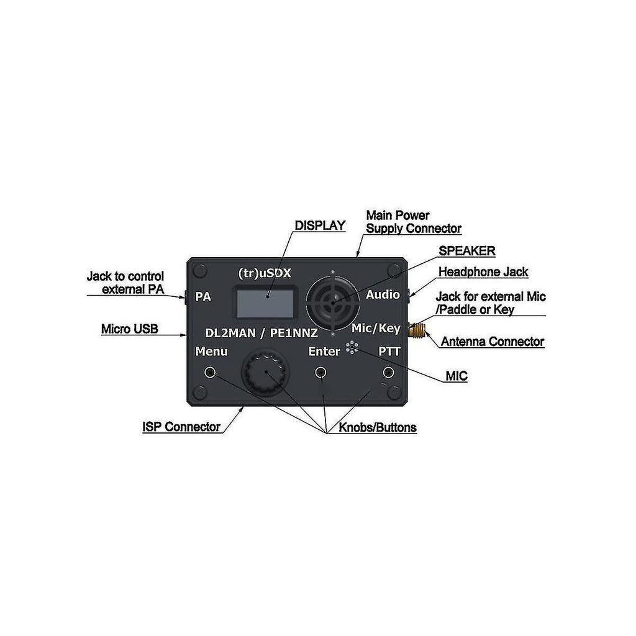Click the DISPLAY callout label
pos(320,225)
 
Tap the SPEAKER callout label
pos(466,251)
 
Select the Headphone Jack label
pos(483,272)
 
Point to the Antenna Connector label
pos(492,342)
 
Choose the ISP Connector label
pos(181,427)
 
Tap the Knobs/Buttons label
pos(378,428)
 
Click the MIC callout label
pos(456,376)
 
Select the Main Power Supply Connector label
pos(413,222)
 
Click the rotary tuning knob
pos(266,371)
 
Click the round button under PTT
pos(388,372)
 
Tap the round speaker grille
pos(334,301)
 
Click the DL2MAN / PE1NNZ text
pos(261,334)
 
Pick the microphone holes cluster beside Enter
pos(352,348)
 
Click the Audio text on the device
pos(383,294)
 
